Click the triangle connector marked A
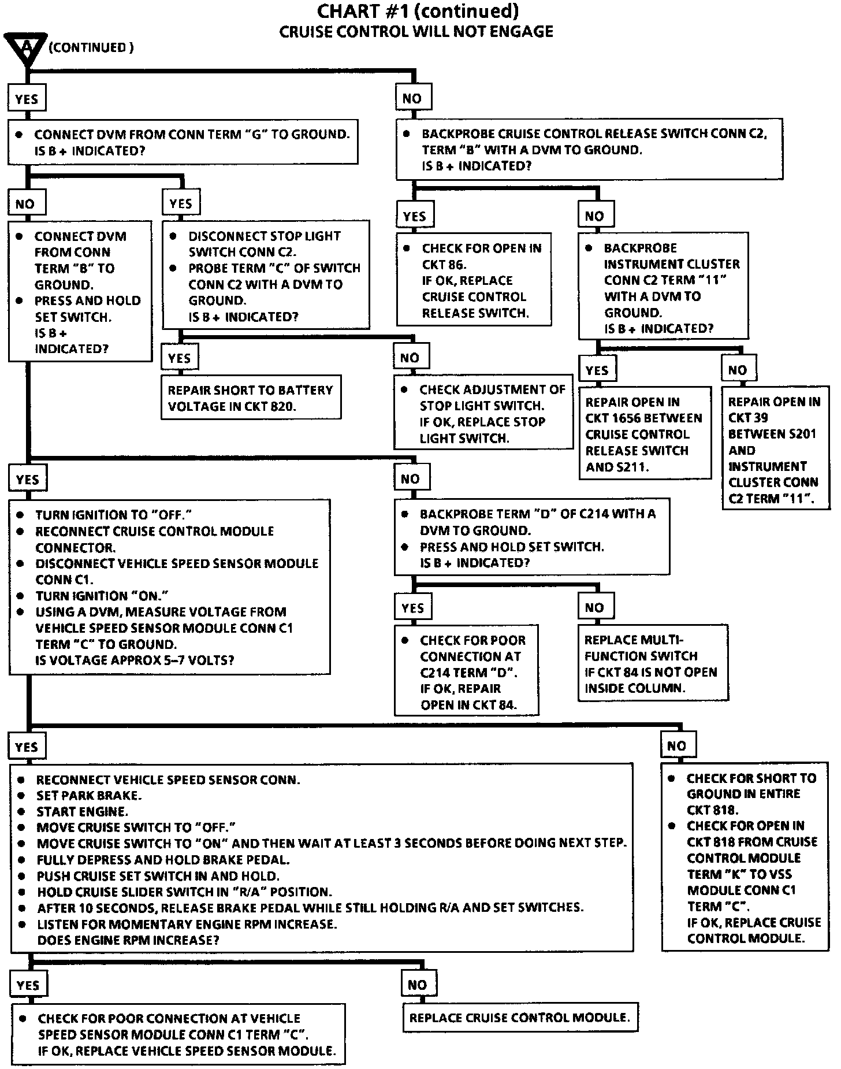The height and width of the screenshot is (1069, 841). tap(25, 48)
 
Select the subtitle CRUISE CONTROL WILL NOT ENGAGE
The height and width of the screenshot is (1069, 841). tap(416, 31)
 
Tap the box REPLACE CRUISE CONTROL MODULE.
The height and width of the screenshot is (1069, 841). tap(520, 1018)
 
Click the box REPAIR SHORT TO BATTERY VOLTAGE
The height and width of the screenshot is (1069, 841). tap(251, 398)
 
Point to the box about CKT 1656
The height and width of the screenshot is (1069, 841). tap(644, 434)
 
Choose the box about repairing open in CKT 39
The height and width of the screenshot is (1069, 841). tap(775, 450)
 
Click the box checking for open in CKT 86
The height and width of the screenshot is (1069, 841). tap(474, 280)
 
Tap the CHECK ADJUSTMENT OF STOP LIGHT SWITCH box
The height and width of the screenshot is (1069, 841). tap(483, 413)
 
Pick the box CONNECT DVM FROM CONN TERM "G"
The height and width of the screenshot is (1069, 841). tap(183, 142)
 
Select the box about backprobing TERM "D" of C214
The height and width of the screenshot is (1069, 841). tap(531, 537)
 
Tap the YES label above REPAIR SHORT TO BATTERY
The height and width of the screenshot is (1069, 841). tap(180, 358)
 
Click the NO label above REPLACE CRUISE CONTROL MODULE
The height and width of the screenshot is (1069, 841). tap(417, 985)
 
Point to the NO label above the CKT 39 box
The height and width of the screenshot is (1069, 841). tap(738, 370)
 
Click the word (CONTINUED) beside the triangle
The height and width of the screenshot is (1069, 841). tap(91, 47)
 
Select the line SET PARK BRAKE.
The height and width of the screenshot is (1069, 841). tap(89, 796)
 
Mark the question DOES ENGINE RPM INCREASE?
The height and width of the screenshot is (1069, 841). tap(128, 940)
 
